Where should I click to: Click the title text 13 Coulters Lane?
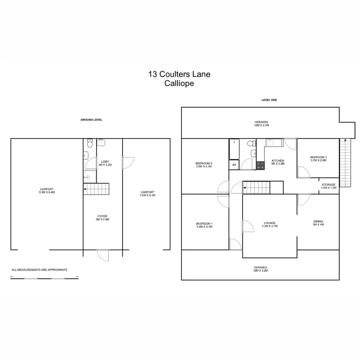click(179, 74)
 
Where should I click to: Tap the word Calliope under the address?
click(179, 83)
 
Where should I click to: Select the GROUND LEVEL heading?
click(91, 120)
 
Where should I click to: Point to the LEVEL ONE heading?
click(269, 100)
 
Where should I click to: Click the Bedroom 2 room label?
click(204, 165)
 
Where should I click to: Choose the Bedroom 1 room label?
click(204, 225)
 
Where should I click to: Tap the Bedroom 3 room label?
click(318, 159)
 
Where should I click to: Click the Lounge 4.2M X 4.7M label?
click(269, 224)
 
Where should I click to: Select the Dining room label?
click(318, 223)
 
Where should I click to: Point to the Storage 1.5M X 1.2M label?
click(328, 186)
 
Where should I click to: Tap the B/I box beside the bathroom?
click(234, 165)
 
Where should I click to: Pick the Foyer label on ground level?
click(103, 218)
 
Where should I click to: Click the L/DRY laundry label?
click(105, 163)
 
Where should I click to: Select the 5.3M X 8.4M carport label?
click(47, 191)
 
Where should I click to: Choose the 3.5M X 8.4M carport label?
click(147, 194)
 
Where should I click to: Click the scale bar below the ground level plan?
click(44, 278)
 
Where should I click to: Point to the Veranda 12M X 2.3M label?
click(261, 124)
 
